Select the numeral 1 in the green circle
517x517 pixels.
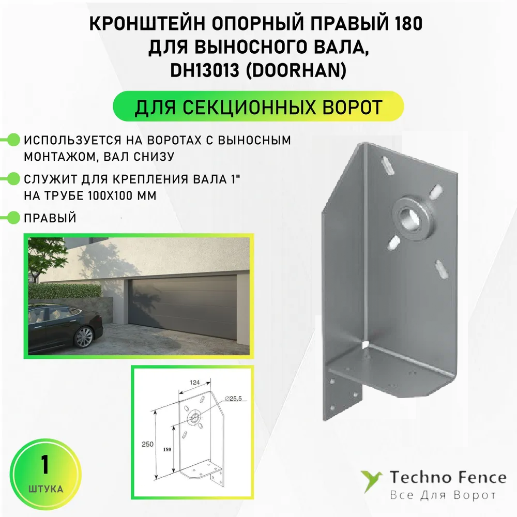pos(45,465)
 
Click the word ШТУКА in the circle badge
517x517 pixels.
pos(45,489)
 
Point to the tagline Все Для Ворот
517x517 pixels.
pos(443,495)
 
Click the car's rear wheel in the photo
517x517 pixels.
pos(83,337)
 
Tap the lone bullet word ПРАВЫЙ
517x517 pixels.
pos(50,218)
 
